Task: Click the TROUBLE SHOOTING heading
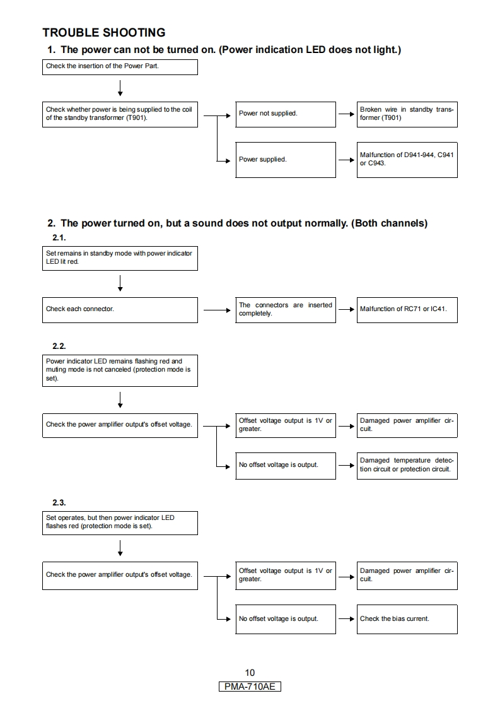(x=103, y=32)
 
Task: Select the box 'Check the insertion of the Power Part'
(x=120, y=67)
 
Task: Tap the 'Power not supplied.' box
(x=285, y=114)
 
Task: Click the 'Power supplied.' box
(x=285, y=160)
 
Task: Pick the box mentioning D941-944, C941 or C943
(x=407, y=159)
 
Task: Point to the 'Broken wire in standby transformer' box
(x=407, y=114)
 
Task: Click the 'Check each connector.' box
(x=120, y=309)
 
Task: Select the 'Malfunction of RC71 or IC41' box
(x=407, y=309)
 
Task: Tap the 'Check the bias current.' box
(x=407, y=618)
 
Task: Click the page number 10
(x=250, y=673)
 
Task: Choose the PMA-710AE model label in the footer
(x=250, y=687)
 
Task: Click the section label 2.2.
(x=59, y=346)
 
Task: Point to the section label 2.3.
(x=59, y=502)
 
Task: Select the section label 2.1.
(x=59, y=238)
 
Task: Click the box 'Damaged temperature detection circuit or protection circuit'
(x=407, y=465)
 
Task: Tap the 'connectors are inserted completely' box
(x=285, y=309)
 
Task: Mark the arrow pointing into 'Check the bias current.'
(x=346, y=618)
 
